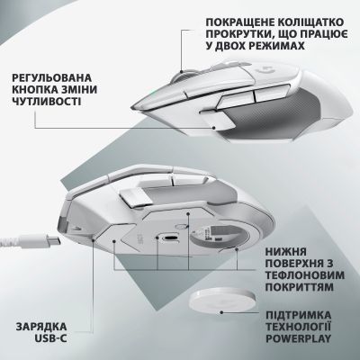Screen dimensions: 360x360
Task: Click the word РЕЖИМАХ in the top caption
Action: pyautogui.click(x=279, y=49)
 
